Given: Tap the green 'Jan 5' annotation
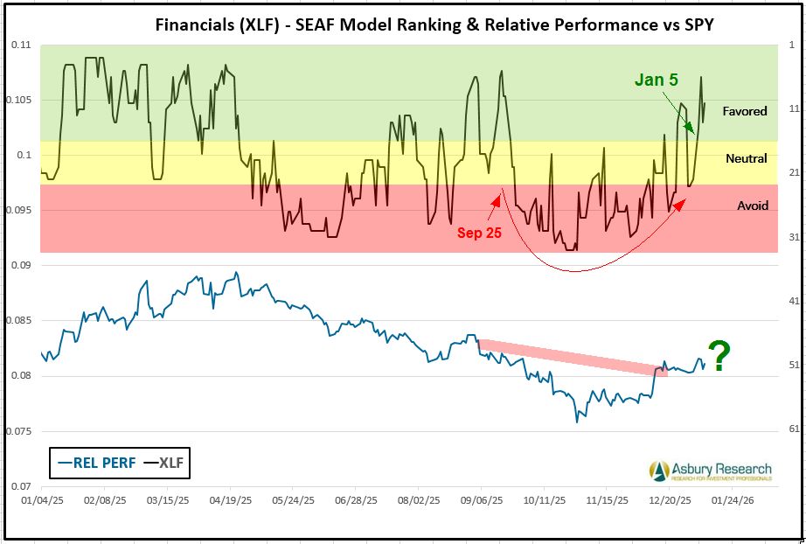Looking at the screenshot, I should [x=656, y=80].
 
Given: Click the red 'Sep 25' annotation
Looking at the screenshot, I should [x=480, y=233].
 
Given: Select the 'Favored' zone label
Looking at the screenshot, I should [x=745, y=111].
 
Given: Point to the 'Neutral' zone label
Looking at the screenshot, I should [x=746, y=158].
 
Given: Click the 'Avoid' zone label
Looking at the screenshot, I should [x=752, y=206].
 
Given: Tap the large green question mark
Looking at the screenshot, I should [x=719, y=357].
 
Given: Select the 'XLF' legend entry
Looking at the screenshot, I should [x=165, y=463].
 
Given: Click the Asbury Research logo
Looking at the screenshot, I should [x=711, y=471].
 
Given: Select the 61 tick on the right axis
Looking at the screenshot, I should [x=783, y=429].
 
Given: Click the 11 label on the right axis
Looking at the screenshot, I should [x=783, y=108].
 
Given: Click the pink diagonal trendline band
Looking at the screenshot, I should [x=573, y=358].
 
